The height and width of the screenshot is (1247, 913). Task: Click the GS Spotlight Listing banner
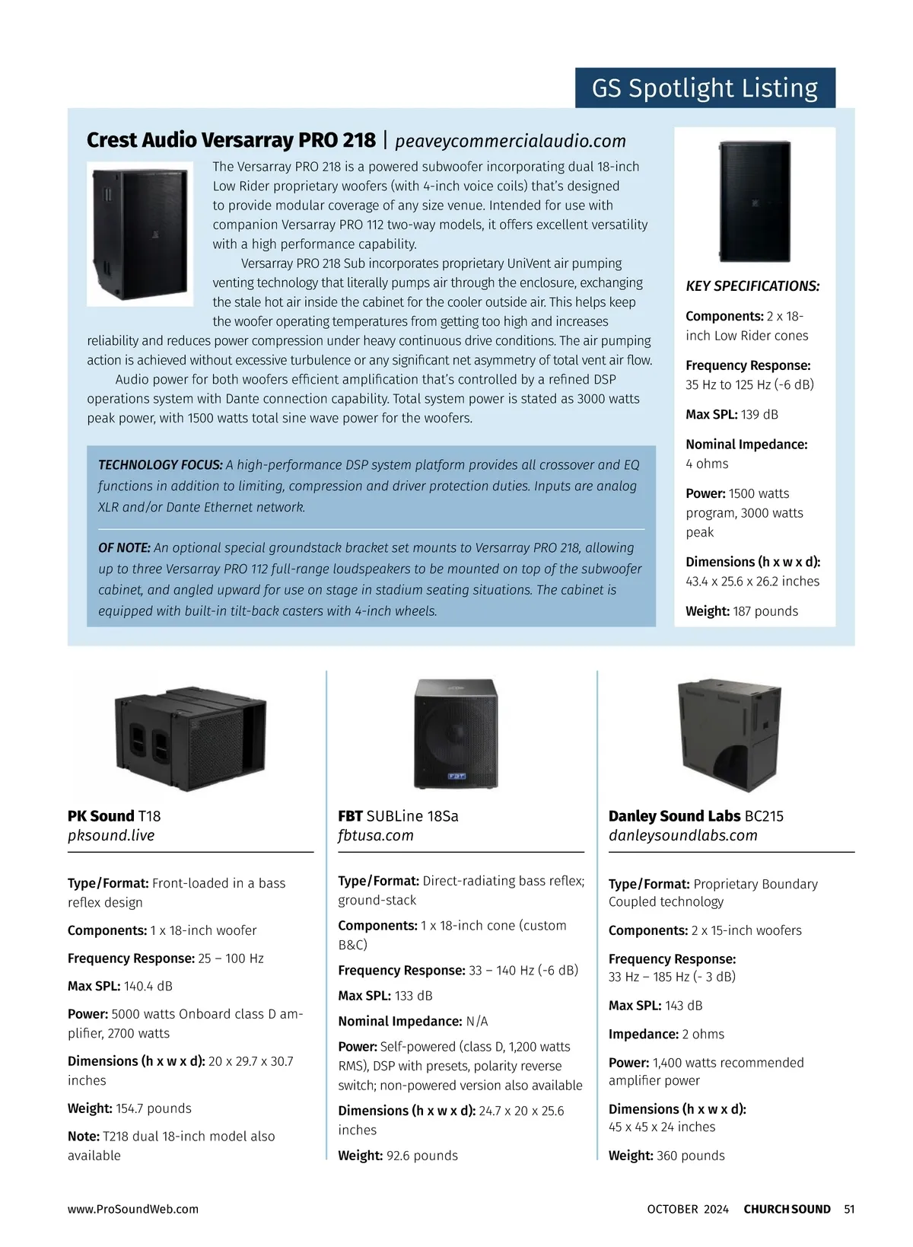(705, 88)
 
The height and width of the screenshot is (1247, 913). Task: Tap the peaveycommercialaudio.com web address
(510, 141)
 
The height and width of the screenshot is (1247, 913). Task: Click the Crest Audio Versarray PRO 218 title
(231, 140)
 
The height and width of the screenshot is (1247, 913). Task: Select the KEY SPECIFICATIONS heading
(752, 286)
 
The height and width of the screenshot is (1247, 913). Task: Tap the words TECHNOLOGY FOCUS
(160, 465)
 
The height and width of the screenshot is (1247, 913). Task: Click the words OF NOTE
(124, 548)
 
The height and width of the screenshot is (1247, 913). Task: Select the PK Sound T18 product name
(114, 816)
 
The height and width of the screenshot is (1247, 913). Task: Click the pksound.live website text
(111, 835)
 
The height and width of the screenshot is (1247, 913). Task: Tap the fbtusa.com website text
(376, 835)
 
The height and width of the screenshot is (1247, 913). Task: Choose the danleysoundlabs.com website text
(682, 835)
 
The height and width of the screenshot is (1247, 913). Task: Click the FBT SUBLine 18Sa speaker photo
(456, 733)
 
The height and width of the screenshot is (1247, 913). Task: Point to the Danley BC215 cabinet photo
(729, 735)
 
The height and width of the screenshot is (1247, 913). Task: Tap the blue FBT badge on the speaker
(456, 776)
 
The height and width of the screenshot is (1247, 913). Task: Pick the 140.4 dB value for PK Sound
(148, 987)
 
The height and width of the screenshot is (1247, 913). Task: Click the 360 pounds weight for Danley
(690, 1156)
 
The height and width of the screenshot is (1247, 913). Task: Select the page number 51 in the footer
(849, 1209)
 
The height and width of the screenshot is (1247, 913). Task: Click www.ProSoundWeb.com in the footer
(132, 1209)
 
